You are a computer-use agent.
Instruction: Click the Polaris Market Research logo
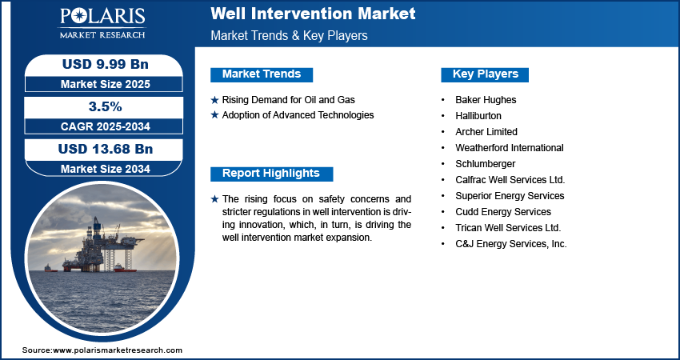tap(102, 22)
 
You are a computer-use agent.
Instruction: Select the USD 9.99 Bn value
tap(106, 64)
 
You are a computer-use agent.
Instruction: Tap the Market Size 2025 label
tap(106, 84)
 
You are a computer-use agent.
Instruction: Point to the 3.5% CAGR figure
tap(106, 106)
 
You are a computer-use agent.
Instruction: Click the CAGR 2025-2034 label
tap(106, 126)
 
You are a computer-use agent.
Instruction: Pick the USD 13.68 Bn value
tap(106, 150)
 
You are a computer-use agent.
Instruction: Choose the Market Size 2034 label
tap(106, 169)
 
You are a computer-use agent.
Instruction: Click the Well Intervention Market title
tap(313, 14)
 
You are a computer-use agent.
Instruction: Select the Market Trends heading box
tap(262, 74)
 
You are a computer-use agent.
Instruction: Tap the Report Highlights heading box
tap(271, 174)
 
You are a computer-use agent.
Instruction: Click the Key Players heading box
tap(485, 74)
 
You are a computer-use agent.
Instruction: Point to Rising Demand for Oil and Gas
tap(288, 100)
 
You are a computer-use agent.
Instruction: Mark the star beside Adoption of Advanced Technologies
tap(214, 115)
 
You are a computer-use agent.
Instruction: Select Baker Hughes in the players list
tap(486, 100)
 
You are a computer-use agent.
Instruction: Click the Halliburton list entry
tap(478, 116)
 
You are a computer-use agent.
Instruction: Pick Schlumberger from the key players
tap(486, 164)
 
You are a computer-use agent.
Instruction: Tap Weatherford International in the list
tap(510, 148)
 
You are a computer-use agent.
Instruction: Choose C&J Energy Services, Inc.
tap(511, 244)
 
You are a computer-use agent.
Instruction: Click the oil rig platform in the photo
tap(102, 247)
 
